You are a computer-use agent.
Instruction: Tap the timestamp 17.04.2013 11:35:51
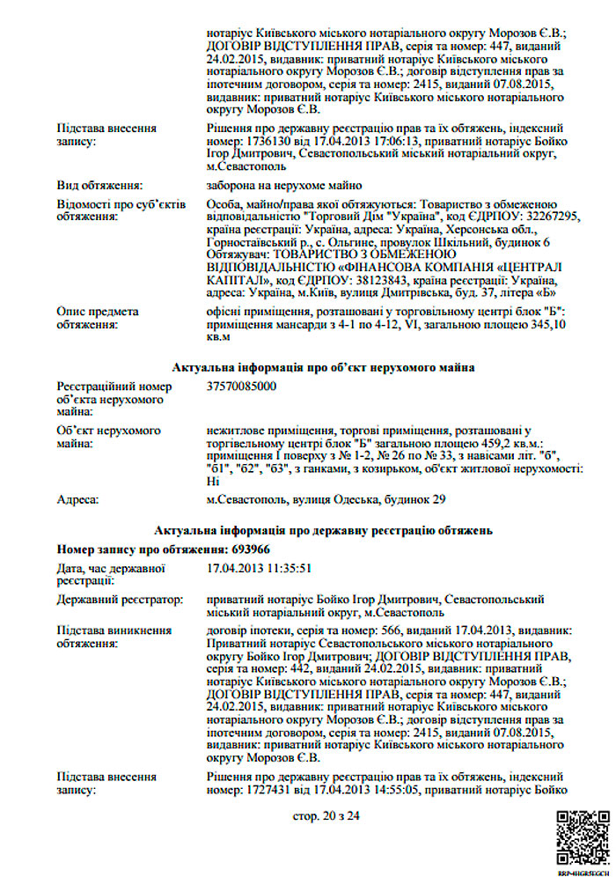point(259,569)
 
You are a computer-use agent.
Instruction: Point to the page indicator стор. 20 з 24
point(326,816)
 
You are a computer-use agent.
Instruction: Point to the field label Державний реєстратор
point(120,600)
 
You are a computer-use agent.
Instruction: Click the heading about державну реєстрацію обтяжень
point(325,530)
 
